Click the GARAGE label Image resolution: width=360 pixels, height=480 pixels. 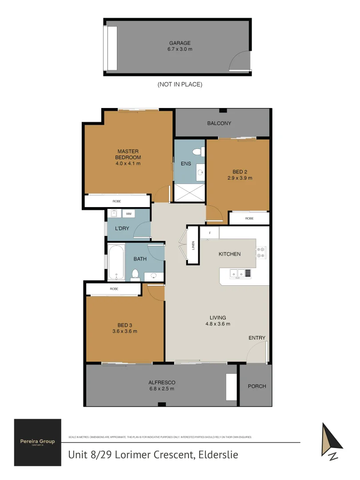click(177, 43)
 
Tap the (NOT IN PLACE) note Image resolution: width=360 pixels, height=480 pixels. click(180, 84)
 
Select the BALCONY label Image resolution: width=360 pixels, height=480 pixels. click(219, 124)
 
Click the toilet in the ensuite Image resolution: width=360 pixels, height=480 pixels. click(201, 152)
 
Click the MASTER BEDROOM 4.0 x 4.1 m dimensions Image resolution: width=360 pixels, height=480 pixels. click(128, 164)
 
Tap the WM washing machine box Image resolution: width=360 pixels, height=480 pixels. click(129, 214)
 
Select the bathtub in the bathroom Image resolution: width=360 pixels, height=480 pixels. click(116, 262)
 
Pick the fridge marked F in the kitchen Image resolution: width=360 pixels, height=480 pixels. click(209, 233)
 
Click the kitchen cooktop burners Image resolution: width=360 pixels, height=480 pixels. click(261, 252)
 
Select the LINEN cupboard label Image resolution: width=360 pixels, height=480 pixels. click(193, 246)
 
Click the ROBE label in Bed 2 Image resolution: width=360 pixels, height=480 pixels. click(249, 219)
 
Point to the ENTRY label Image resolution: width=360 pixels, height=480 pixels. click(257, 338)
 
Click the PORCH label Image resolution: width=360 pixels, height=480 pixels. click(257, 386)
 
